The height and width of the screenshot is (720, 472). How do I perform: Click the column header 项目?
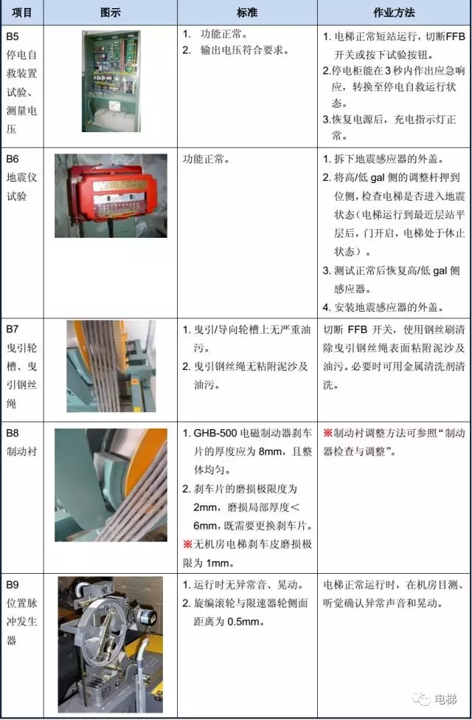point(21,13)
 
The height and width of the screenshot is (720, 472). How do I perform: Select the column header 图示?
point(110,13)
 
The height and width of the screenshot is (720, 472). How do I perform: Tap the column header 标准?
point(247,13)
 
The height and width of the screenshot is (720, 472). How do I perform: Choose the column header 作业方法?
point(394,13)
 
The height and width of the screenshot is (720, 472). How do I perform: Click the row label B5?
point(13,36)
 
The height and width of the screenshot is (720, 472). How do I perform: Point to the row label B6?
point(13,159)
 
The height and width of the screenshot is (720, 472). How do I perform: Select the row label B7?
point(13,329)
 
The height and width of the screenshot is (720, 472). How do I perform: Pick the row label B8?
point(13,433)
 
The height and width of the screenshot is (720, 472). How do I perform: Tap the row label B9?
point(13,585)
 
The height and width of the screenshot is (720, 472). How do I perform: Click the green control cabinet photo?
point(111,81)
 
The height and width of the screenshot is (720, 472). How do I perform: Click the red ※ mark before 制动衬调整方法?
point(327,433)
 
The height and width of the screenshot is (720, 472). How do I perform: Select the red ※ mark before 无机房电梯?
point(187,544)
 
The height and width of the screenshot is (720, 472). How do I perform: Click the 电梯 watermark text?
point(445,699)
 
